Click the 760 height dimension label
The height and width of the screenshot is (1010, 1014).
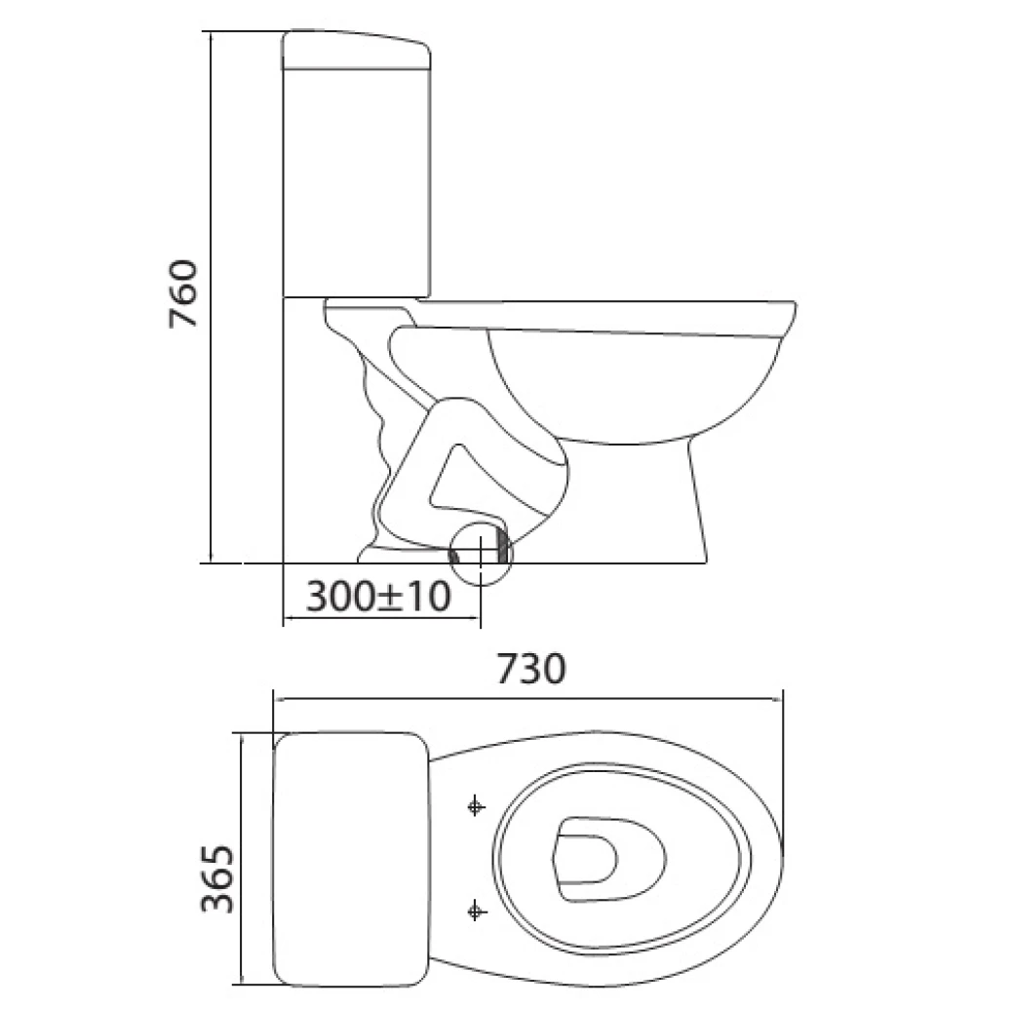[183, 293]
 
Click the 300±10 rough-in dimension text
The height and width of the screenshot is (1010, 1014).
[378, 595]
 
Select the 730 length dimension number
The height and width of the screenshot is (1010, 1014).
[530, 670]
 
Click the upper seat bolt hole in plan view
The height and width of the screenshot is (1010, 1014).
[476, 805]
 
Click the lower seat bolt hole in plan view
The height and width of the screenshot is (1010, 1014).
[476, 910]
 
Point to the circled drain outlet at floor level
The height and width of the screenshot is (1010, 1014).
[481, 553]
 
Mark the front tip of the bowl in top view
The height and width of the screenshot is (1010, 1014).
[780, 857]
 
